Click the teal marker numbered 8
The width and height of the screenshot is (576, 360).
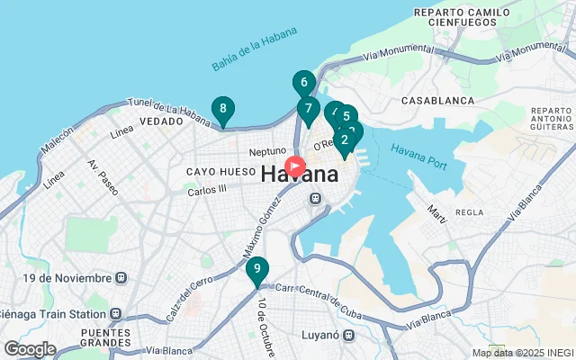click(x=222, y=110)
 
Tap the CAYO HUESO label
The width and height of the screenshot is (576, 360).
click(x=216, y=171)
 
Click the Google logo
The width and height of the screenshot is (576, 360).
click(x=30, y=348)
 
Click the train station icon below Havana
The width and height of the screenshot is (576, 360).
click(x=315, y=199)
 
